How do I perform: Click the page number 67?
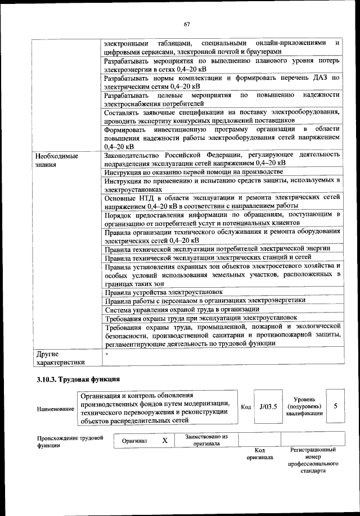coord(187,23)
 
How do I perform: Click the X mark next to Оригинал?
coord(165,441)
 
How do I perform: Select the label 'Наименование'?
coord(55,409)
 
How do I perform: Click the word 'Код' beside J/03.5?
coord(246,407)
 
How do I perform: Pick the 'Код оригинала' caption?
coord(259,454)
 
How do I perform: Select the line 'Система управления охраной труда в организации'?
coord(182,309)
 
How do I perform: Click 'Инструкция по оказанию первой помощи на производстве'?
coord(193,171)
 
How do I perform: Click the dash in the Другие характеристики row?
coord(106,354)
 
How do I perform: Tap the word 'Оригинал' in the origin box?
coord(134,441)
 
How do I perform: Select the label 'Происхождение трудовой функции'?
coord(71,441)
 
